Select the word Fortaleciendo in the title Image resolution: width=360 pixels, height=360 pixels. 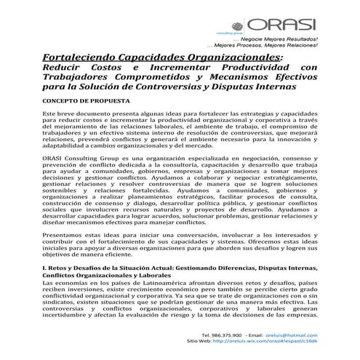(83, 57)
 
